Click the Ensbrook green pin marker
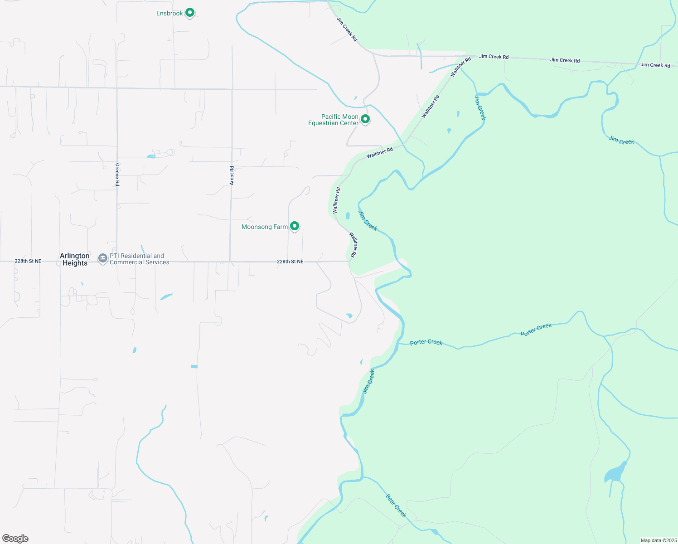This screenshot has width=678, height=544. pyautogui.click(x=190, y=13)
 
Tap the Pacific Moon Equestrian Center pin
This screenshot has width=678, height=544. pyautogui.click(x=365, y=119)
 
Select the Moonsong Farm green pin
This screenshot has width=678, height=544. pyautogui.click(x=295, y=226)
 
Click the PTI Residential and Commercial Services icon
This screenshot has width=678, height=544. pyautogui.click(x=103, y=258)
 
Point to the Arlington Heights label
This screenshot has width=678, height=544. pyautogui.click(x=75, y=259)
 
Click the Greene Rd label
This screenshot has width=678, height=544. pyautogui.click(x=117, y=175)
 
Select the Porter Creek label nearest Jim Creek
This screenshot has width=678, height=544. pyautogui.click(x=426, y=342)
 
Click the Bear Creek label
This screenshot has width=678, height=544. pyautogui.click(x=396, y=505)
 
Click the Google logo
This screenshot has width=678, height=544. pyautogui.click(x=15, y=539)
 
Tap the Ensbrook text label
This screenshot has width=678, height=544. pyautogui.click(x=169, y=14)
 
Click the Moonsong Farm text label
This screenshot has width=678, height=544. pyautogui.click(x=265, y=227)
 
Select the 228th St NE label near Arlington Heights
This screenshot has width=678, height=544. pyautogui.click(x=28, y=261)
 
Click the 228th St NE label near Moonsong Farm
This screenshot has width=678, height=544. pyautogui.click(x=290, y=262)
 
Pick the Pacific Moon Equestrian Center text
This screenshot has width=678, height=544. pyautogui.click(x=333, y=120)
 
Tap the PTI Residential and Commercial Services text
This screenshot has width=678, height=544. pyautogui.click(x=139, y=259)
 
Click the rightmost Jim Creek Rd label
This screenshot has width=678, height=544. pyautogui.click(x=655, y=65)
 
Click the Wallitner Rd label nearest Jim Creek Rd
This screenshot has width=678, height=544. pyautogui.click(x=460, y=67)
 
